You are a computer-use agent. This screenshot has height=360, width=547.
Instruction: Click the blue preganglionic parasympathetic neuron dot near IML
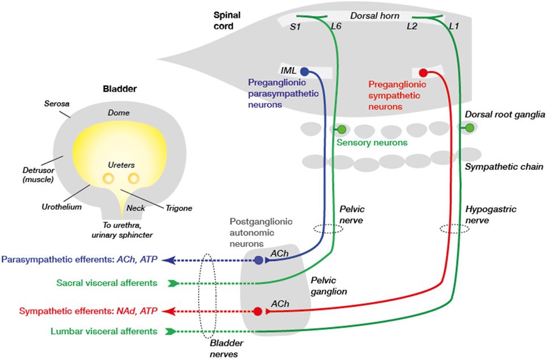304,72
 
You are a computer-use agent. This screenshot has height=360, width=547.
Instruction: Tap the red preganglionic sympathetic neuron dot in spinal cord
423,73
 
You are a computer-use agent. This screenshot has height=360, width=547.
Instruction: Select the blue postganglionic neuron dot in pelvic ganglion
259,260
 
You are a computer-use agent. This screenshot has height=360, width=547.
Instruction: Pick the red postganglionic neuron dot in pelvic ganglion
258,311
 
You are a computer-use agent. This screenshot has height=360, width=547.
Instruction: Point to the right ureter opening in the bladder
134,179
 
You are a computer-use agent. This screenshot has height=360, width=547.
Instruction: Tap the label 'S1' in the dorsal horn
296,27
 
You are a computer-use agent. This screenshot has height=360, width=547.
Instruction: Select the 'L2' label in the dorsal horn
413,27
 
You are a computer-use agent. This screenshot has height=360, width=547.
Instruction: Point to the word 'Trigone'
176,208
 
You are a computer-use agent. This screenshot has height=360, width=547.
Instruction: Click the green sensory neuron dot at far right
469,129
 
